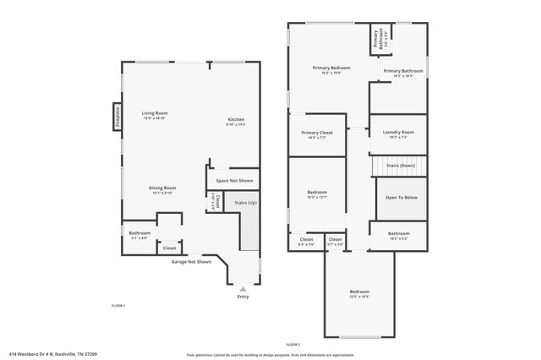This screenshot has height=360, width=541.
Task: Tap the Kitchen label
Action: (x=236, y=121)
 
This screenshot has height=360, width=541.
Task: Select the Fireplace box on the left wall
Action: (x=117, y=116)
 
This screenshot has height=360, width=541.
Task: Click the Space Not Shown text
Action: (x=234, y=180)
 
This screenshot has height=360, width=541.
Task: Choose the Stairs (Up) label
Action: (x=246, y=203)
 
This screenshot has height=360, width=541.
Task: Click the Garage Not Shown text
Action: (x=191, y=262)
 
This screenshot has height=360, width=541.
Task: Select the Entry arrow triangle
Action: (x=243, y=289)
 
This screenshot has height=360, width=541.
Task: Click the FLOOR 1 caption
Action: (x=118, y=305)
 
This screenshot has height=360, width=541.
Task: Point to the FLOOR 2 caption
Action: (x=293, y=345)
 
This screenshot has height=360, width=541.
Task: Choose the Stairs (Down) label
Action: (x=401, y=166)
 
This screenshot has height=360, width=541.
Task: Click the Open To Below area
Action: (x=401, y=198)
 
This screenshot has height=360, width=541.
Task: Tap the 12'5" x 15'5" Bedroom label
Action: (x=360, y=293)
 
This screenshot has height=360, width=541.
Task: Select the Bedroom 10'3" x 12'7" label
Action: (x=317, y=195)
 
